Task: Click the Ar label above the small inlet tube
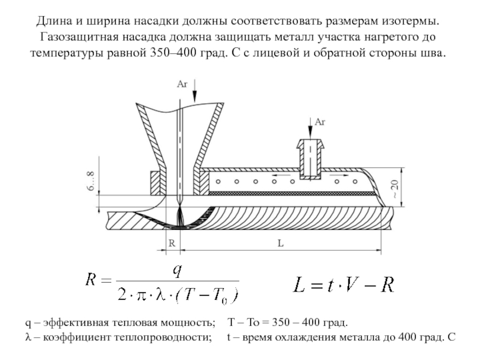[320, 122]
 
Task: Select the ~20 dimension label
[394, 190]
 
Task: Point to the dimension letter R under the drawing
[172, 244]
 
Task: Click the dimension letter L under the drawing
[280, 244]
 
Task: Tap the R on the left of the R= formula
[92, 281]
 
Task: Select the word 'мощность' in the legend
[191, 322]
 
